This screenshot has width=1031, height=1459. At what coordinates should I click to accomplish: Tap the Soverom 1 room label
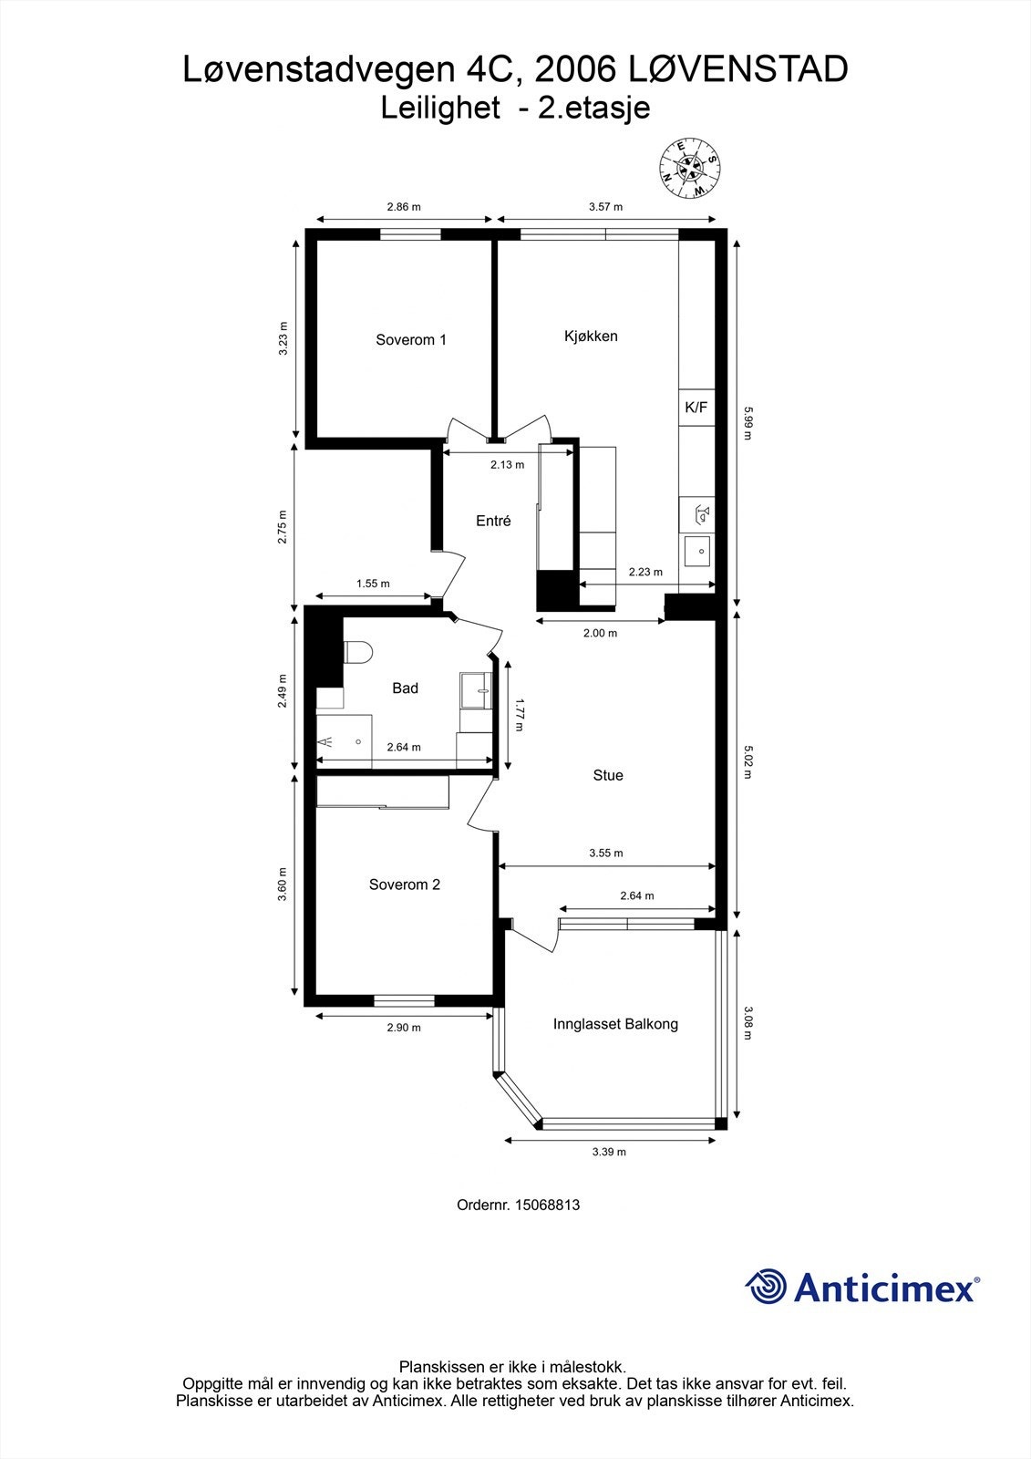pos(411,340)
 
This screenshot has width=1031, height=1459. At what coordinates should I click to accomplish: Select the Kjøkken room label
pos(591,336)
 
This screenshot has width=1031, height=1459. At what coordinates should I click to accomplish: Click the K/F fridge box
pos(696,408)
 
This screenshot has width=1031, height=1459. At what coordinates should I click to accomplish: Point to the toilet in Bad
pos(357,653)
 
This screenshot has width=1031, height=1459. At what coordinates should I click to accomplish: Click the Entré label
pos(493,522)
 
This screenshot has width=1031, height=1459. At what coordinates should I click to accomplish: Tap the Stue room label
pos(608,775)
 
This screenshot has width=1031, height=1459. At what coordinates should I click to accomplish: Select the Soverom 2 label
pos(405,885)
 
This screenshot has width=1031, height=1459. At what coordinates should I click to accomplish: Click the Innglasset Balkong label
pos(615,1024)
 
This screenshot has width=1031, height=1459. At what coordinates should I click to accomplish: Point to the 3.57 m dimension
pos(605,207)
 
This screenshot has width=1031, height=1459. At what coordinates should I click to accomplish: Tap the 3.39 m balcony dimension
pos(609,1152)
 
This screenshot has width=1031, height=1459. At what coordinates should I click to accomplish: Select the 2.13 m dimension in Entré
pos(507,465)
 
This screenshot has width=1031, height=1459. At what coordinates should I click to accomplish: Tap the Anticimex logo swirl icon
pos(766,1288)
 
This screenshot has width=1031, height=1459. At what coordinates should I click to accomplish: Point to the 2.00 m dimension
pos(600,633)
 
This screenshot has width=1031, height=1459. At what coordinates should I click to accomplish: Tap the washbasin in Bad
pos(476,690)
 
